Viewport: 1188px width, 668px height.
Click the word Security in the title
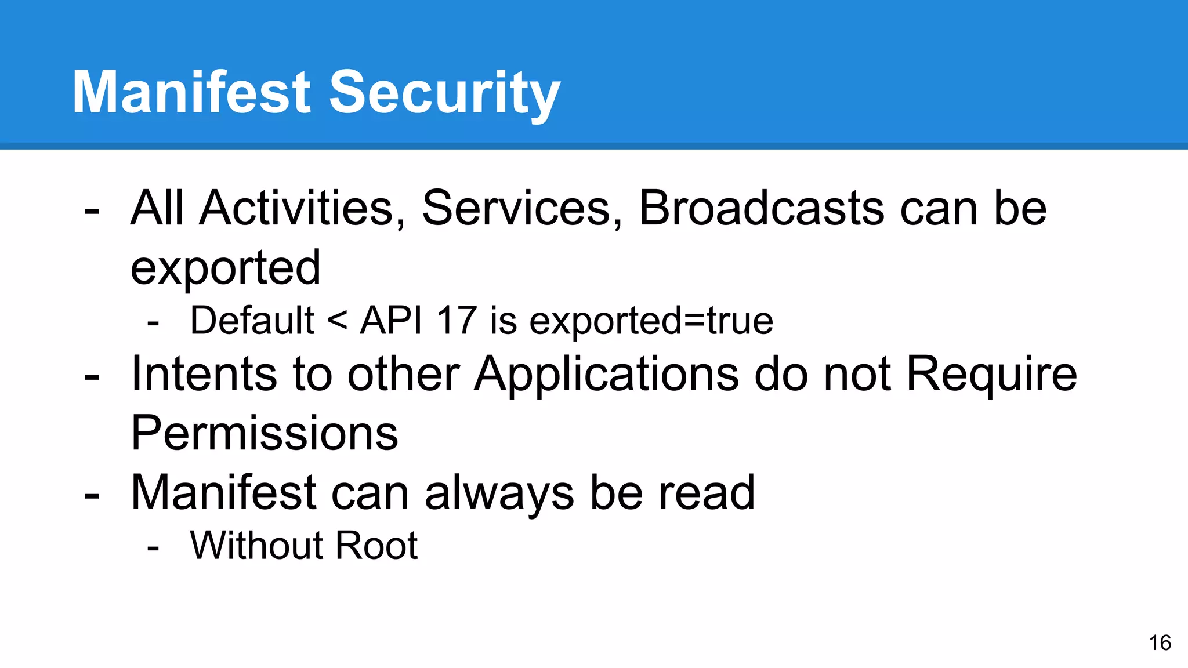pos(444,93)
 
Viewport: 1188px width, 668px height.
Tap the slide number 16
pos(1160,642)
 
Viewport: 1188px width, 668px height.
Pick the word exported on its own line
pos(226,268)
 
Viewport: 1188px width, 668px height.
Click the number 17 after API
pos(457,320)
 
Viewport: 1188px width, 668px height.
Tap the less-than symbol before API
pos(337,320)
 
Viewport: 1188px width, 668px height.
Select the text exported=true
pos(651,321)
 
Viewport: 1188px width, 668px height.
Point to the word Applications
pos(607,375)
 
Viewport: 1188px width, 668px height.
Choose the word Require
pos(991,375)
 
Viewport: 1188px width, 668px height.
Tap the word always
pos(499,493)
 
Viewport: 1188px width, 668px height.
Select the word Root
pos(376,545)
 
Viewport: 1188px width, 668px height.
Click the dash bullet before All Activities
pos(92,211)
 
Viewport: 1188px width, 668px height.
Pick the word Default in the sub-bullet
pos(252,320)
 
